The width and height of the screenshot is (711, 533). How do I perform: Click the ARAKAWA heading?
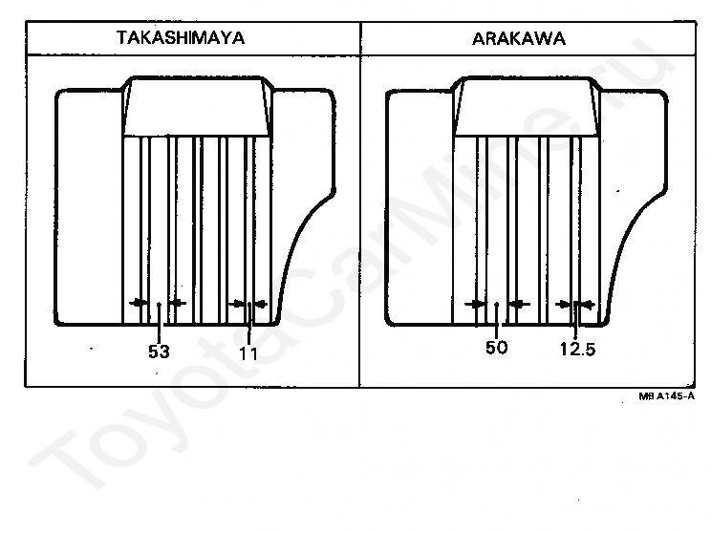518,39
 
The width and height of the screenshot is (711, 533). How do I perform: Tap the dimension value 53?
159,352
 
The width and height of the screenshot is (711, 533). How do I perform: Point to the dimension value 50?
496,348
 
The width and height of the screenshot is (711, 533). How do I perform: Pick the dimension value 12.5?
577,349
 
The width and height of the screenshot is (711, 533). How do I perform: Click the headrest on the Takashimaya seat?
195,108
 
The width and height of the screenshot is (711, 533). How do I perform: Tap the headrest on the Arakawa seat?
527,108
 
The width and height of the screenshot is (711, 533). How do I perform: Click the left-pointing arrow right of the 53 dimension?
177,304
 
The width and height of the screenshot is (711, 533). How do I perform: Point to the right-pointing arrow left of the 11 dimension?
237,304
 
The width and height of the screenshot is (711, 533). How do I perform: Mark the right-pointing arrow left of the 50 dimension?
475,304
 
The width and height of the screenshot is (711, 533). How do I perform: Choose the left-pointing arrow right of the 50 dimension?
519,304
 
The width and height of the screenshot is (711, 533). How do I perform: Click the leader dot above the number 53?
158,305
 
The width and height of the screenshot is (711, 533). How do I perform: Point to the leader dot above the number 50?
497,305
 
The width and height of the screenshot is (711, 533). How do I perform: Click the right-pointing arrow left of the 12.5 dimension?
564,304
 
